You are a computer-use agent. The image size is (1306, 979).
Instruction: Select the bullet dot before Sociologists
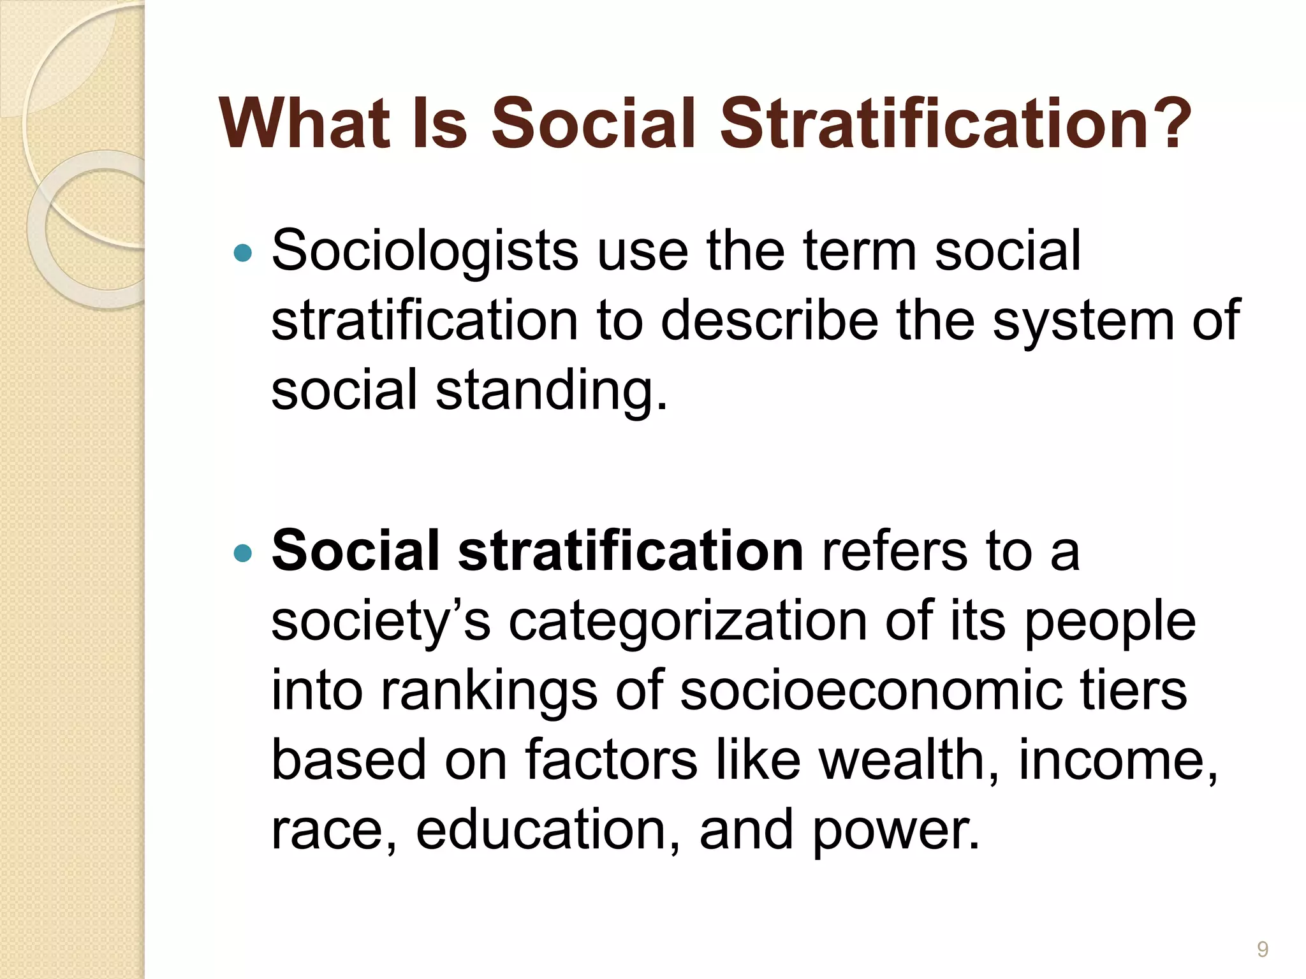[243, 253]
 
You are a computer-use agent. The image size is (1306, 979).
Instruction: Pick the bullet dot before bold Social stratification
[243, 552]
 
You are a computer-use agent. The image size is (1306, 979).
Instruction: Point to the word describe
[769, 321]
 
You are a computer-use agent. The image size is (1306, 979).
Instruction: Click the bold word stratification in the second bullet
[630, 551]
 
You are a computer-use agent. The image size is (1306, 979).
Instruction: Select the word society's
[381, 621]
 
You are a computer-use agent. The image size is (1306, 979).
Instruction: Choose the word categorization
[687, 621]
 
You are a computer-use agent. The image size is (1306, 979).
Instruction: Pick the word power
[895, 831]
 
